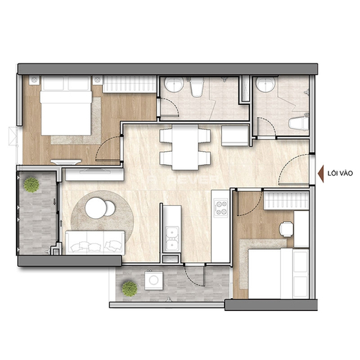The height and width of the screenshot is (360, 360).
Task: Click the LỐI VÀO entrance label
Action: (340, 174)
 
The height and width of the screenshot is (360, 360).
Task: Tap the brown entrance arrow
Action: (320, 174)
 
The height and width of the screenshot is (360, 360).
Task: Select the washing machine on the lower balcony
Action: (154, 280)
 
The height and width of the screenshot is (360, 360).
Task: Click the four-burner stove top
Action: (221, 208)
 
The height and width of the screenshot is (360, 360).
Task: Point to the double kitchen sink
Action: (172, 238)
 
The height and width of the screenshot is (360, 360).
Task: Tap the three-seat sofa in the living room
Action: (95, 243)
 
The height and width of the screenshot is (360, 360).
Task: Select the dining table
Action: (185, 147)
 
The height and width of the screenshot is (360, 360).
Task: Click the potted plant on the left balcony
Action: (31, 184)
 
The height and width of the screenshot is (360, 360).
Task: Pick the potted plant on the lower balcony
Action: (130, 289)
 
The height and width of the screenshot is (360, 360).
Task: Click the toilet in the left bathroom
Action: (197, 86)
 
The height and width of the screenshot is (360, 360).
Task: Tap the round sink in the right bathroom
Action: (266, 84)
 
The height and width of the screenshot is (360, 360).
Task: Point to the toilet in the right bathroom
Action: (299, 124)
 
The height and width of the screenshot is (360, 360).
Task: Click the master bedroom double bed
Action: (66, 106)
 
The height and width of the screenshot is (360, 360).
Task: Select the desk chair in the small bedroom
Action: (287, 229)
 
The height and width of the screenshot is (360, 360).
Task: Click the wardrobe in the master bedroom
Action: (130, 84)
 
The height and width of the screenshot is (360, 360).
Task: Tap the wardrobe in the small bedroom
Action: (287, 200)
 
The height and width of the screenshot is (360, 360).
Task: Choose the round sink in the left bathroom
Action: (174, 84)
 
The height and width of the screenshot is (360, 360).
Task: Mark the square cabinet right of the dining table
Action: (235, 136)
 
